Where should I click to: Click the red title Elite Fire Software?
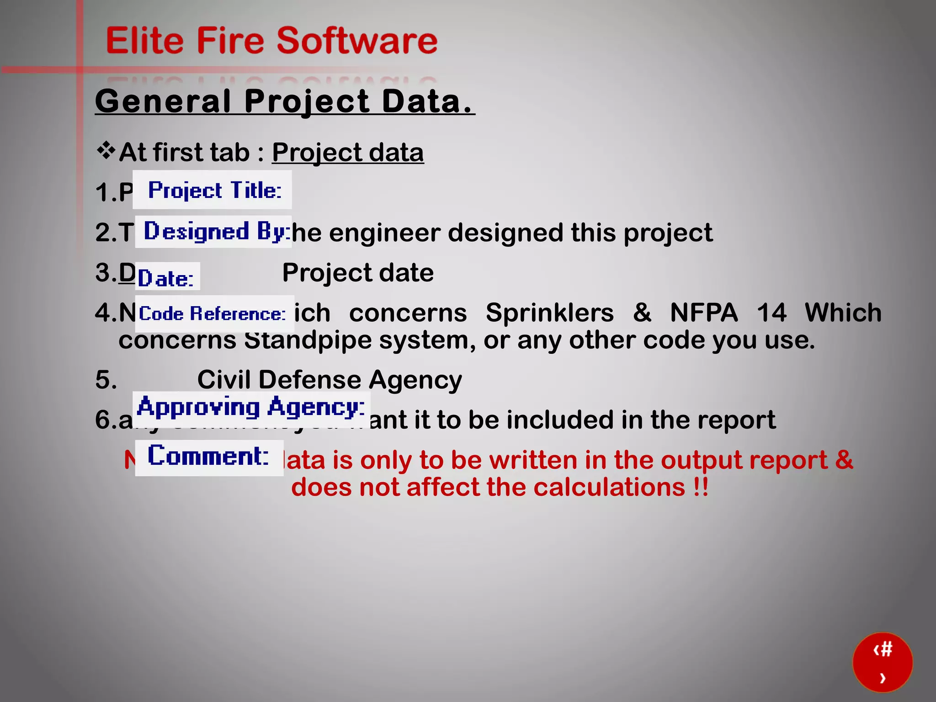pyautogui.click(x=271, y=41)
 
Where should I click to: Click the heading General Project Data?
pyautogui.click(x=284, y=101)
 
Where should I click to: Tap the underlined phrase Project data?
pyautogui.click(x=348, y=152)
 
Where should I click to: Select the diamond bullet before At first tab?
pyautogui.click(x=106, y=151)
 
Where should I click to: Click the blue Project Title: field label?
pyautogui.click(x=214, y=190)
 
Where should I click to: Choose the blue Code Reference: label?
pyautogui.click(x=212, y=314)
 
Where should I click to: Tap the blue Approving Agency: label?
pyautogui.click(x=251, y=407)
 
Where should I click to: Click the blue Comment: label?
pyautogui.click(x=208, y=456)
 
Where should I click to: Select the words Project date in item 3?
pyautogui.click(x=358, y=273)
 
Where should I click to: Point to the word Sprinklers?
pyautogui.click(x=549, y=313)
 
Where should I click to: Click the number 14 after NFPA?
pyautogui.click(x=771, y=313)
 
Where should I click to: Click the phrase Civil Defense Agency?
pyautogui.click(x=330, y=380)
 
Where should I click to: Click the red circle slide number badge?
pyautogui.click(x=883, y=662)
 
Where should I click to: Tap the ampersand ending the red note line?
pyautogui.click(x=844, y=460)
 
